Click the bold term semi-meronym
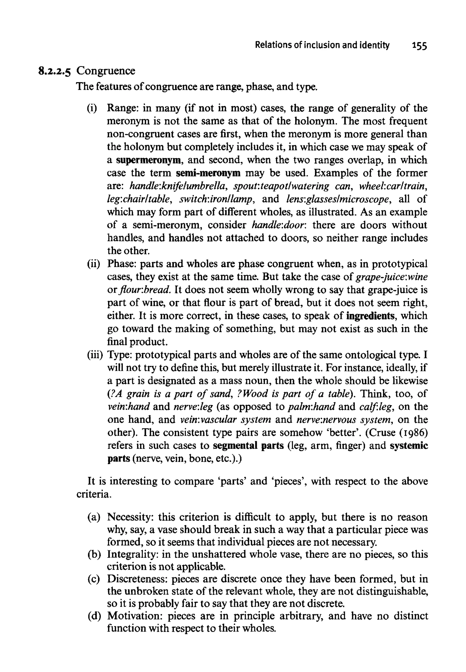point(208,173)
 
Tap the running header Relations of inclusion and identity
point(322,45)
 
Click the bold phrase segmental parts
point(248,446)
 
